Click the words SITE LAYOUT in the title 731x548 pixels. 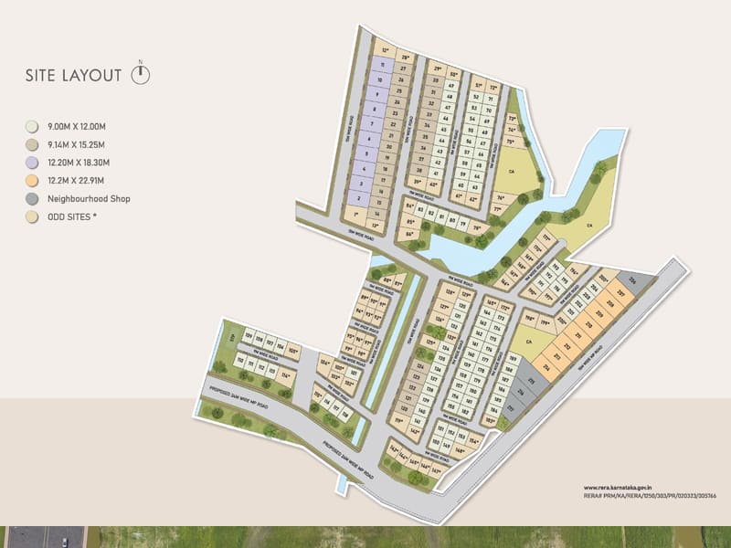click(73, 76)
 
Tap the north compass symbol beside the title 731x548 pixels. click(140, 74)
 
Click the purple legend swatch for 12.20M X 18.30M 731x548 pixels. click(32, 163)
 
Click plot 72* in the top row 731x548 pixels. click(493, 88)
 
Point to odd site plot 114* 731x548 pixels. click(286, 375)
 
